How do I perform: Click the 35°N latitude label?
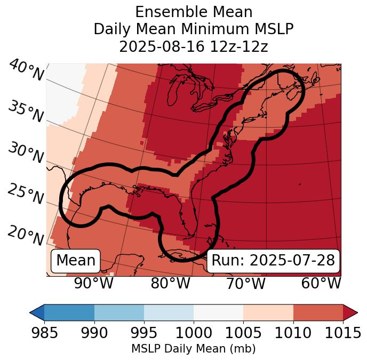(25, 112)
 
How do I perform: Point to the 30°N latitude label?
(25, 153)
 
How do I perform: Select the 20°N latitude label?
(25, 235)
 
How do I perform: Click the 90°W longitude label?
(94, 284)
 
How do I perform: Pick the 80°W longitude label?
(170, 284)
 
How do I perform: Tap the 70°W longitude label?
(245, 284)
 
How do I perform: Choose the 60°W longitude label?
(321, 284)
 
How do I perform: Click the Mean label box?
(76, 261)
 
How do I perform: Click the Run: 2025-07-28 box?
(273, 261)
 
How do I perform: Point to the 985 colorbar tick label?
(44, 333)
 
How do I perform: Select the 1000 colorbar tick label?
(194, 333)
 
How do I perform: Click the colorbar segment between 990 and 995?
(119, 312)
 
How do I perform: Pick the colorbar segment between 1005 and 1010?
(268, 312)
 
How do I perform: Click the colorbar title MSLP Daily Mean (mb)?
(194, 349)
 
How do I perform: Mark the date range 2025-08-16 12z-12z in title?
(194, 46)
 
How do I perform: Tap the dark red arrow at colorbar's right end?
(350, 312)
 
